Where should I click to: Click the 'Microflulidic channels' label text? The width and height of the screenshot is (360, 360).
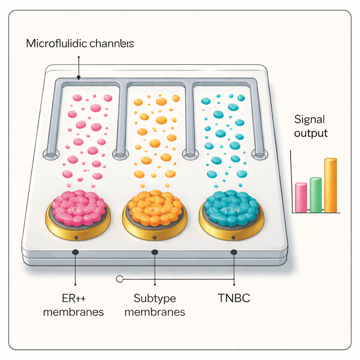[80, 44]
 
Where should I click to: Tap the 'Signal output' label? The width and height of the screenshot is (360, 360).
[311, 126]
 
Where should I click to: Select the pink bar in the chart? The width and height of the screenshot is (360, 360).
[301, 198]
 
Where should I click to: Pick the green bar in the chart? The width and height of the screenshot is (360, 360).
[315, 195]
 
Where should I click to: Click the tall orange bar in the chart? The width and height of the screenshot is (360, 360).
[330, 186]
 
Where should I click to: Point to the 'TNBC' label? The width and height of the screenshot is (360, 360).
[234, 298]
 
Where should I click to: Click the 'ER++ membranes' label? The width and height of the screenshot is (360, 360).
[73, 305]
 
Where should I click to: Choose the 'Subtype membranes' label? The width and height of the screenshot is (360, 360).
[155, 305]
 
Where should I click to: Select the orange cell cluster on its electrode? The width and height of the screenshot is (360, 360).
[155, 208]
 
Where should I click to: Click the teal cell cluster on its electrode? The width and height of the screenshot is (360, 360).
[231, 208]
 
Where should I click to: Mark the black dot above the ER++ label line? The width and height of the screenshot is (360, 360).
[75, 252]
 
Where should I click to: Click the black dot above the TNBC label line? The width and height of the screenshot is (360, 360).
[233, 252]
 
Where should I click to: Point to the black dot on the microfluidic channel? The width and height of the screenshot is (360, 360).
[79, 78]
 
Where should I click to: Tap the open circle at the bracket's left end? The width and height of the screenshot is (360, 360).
[119, 279]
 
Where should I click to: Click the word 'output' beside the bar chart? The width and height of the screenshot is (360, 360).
[311, 133]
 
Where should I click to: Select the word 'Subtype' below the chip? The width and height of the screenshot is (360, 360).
[155, 298]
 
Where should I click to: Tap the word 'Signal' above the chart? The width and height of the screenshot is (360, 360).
[309, 120]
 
